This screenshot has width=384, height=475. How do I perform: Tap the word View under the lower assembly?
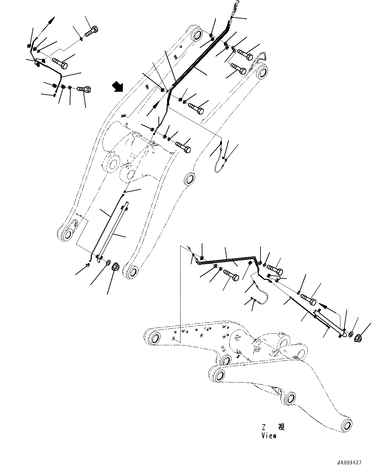click(269, 436)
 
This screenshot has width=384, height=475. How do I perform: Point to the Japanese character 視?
click(281, 427)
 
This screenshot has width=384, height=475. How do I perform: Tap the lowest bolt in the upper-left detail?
click(85, 89)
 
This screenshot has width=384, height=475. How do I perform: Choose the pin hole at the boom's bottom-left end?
click(67, 234)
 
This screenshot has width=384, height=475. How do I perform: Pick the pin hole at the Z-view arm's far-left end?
click(154, 338)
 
